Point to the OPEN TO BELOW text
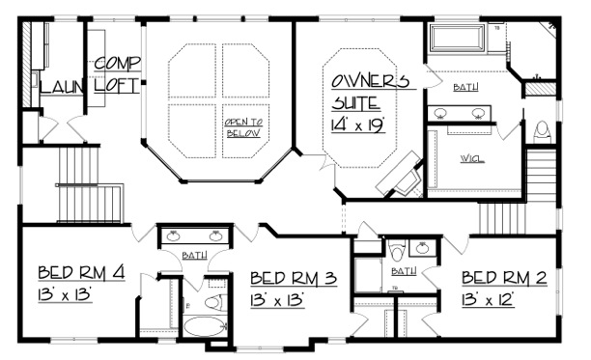tap(243, 127)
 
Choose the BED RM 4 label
tap(83, 271)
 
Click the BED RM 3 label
tap(293, 279)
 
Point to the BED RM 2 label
tap(504, 279)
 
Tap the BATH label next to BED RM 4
tap(194, 255)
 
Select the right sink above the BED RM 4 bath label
tap(215, 235)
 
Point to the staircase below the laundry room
tap(89, 183)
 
